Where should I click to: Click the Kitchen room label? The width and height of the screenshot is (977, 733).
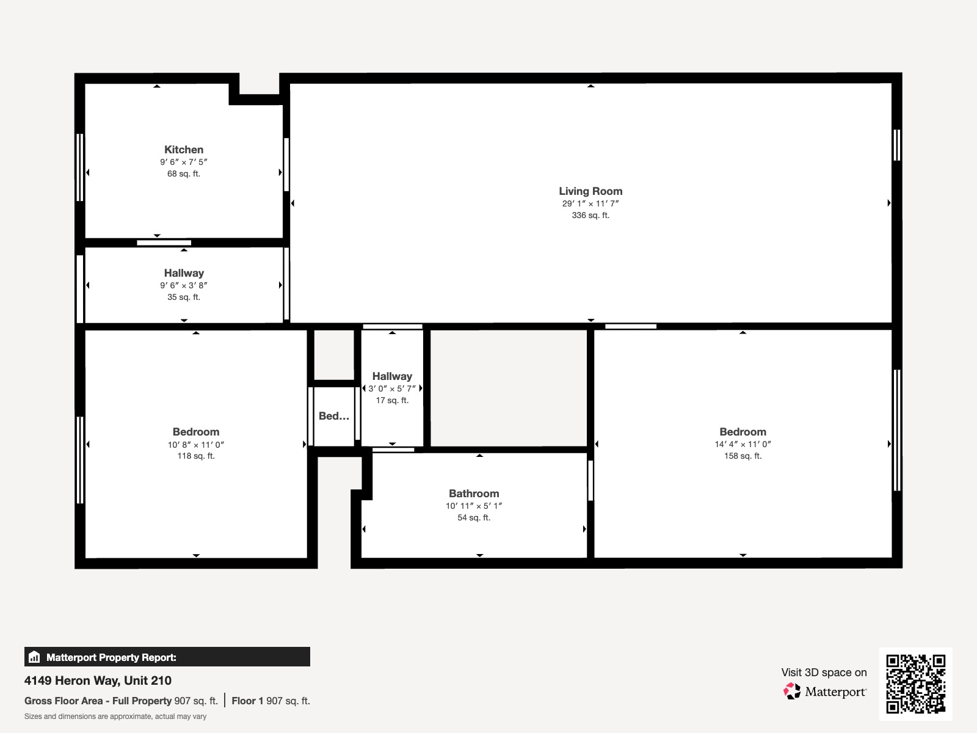(184, 150)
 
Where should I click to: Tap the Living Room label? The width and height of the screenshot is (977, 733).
(590, 191)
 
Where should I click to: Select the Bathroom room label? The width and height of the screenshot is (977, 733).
(474, 494)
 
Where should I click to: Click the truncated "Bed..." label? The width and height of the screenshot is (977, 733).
(334, 416)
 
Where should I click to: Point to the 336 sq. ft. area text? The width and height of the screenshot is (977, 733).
(590, 215)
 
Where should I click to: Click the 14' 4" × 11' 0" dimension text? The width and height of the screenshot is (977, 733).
(743, 444)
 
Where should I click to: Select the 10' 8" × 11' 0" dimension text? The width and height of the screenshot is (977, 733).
(196, 445)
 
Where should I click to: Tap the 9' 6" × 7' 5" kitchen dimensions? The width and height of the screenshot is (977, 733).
(184, 162)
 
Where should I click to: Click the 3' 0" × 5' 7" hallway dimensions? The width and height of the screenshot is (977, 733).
(392, 388)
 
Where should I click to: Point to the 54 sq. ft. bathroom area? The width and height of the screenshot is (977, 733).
(474, 517)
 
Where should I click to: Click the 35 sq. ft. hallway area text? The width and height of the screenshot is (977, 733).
(184, 297)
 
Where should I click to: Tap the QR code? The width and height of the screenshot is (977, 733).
(915, 684)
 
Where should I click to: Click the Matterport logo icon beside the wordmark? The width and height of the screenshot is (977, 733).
(792, 691)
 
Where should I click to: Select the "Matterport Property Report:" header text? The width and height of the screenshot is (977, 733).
(111, 657)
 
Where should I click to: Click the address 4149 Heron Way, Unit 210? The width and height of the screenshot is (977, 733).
(98, 680)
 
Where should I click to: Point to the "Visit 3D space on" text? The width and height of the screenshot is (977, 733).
(824, 672)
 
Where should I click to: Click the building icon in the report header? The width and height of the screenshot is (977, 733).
(34, 657)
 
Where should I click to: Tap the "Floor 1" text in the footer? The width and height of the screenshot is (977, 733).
(247, 701)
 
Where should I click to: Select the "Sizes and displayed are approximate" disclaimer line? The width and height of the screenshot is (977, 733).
(115, 717)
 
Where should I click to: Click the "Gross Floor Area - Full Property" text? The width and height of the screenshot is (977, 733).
(98, 701)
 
